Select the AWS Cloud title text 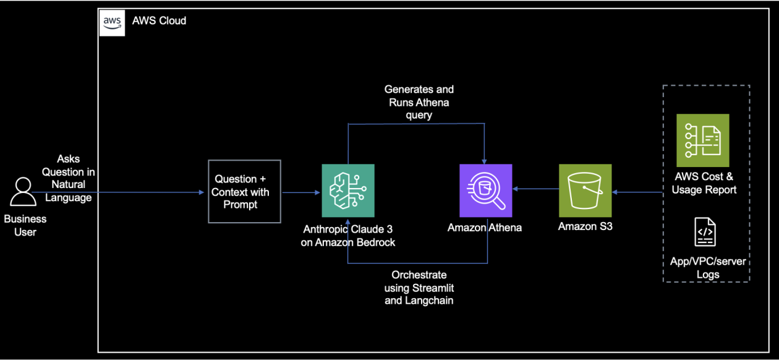click(x=159, y=20)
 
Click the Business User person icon click(x=23, y=192)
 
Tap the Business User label click(x=25, y=226)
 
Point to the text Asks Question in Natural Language click(x=69, y=178)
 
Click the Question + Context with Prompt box click(x=244, y=192)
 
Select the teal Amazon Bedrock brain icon click(x=348, y=191)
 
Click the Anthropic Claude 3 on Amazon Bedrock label click(x=348, y=236)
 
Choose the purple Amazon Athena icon click(x=485, y=191)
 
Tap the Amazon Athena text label click(x=485, y=228)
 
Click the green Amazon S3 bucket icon click(x=585, y=191)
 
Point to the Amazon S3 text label click(x=585, y=226)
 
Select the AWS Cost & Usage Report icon click(x=702, y=140)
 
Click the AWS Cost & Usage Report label click(x=704, y=183)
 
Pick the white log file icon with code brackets click(x=705, y=232)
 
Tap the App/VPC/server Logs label click(x=708, y=268)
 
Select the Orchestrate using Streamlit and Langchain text click(x=419, y=288)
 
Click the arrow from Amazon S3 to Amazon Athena click(x=535, y=190)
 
